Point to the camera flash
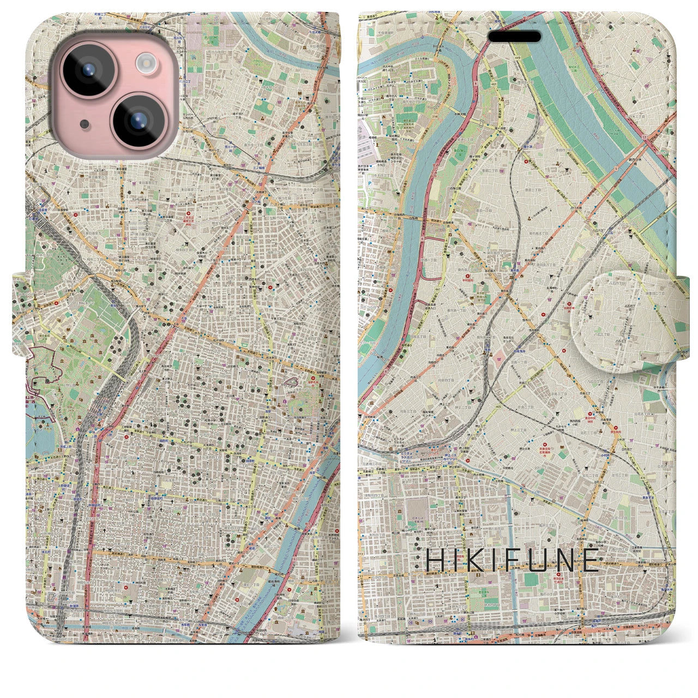pyautogui.click(x=146, y=64)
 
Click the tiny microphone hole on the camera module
pyautogui.click(x=83, y=124)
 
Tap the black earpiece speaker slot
pyautogui.click(x=514, y=37)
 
